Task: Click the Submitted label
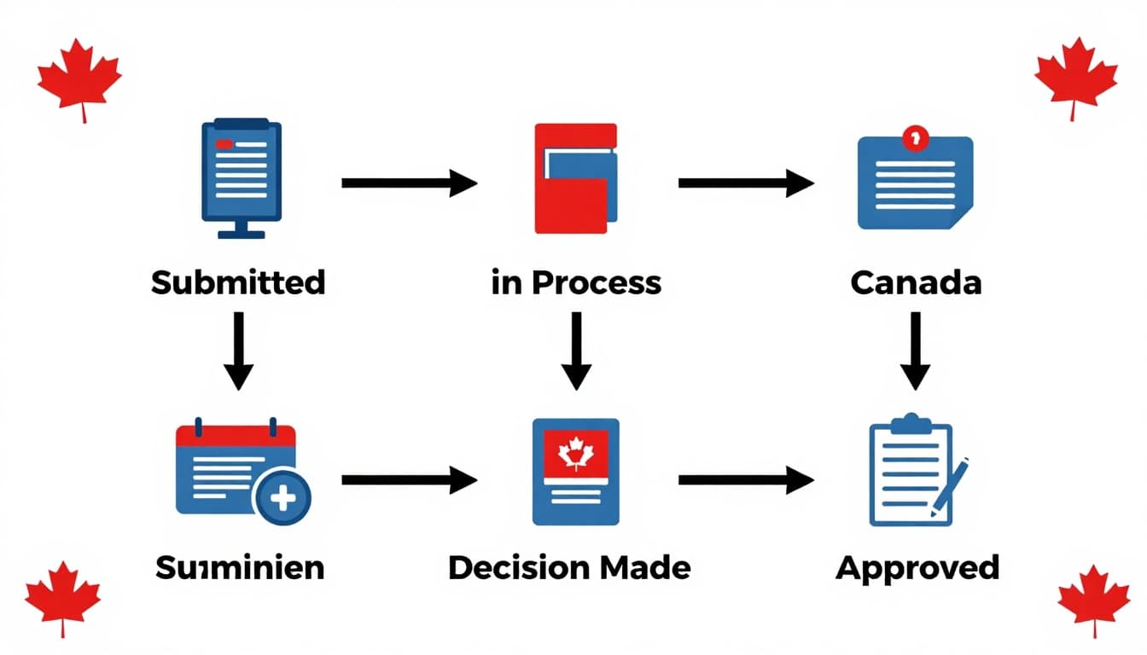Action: click(x=238, y=282)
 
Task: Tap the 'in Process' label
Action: click(x=576, y=282)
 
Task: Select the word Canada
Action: click(x=916, y=282)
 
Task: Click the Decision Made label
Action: click(x=569, y=567)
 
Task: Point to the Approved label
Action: click(x=917, y=567)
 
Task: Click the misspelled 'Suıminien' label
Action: click(x=240, y=567)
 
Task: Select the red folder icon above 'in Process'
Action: click(x=575, y=178)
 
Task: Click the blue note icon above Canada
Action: click(x=915, y=181)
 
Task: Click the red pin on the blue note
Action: click(x=915, y=136)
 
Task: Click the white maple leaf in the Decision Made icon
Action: click(x=575, y=453)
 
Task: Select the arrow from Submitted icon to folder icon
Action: click(x=408, y=183)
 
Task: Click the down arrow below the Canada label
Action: click(x=916, y=351)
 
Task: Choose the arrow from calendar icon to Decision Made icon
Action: click(x=408, y=481)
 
